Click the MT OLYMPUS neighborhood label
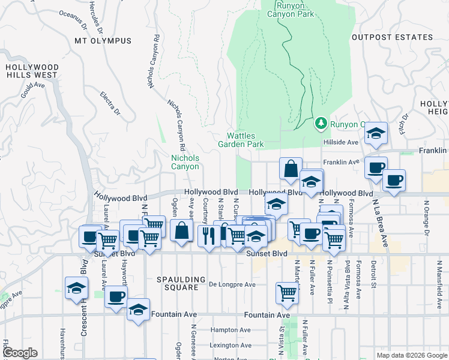tap(103, 41)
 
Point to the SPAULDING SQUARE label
tap(177, 283)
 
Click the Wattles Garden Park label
tap(246, 140)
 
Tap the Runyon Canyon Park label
tap(295, 10)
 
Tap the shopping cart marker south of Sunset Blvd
tap(287, 292)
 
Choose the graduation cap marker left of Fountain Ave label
tap(138, 310)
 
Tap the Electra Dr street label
tap(110, 104)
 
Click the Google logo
tap(20, 353)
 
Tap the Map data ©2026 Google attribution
tap(412, 355)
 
